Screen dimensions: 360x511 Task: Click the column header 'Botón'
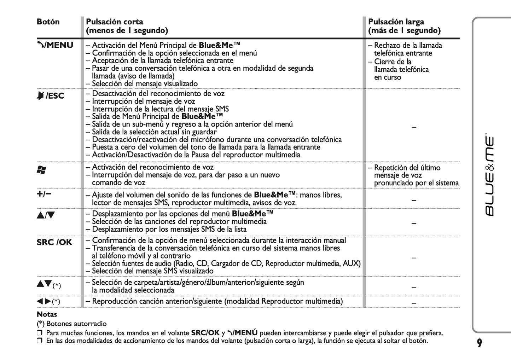coord(48,22)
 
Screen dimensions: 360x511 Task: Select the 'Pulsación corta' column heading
coord(115,22)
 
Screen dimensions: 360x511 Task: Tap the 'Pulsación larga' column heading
coord(396,22)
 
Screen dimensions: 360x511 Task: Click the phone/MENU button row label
coord(55,45)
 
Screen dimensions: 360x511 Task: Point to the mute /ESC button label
coord(51,96)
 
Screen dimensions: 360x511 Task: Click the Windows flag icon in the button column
coord(41,170)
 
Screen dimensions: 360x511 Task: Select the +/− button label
coord(44,194)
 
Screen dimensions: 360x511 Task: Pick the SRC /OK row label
coord(54,242)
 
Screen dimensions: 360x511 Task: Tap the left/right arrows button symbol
coord(44,301)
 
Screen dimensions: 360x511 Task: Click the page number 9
coord(479,343)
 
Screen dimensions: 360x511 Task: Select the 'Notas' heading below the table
coord(47,314)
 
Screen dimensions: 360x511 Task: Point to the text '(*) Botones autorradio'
coord(71,324)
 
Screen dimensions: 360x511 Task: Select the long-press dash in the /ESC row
coord(414,127)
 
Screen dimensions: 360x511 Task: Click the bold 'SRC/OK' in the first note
coord(205,333)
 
